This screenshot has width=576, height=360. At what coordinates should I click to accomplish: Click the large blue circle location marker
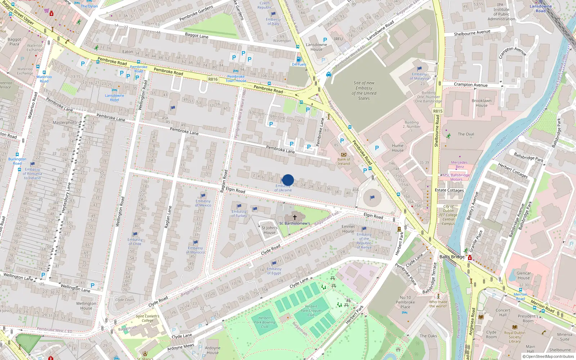pyautogui.click(x=288, y=180)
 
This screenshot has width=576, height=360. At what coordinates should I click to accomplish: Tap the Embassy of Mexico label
pyautogui.click(x=203, y=203)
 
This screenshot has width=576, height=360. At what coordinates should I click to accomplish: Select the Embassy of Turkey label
pyautogui.click(x=239, y=213)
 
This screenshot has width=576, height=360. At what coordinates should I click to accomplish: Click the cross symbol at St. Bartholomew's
pyautogui.click(x=295, y=217)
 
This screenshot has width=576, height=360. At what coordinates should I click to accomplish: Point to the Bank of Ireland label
pyautogui.click(x=343, y=161)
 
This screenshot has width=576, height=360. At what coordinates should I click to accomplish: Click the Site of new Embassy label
pyautogui.click(x=364, y=90)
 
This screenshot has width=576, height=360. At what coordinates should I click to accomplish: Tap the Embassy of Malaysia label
pyautogui.click(x=419, y=76)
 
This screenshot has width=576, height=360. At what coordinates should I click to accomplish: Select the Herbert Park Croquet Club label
pyautogui.click(x=311, y=310)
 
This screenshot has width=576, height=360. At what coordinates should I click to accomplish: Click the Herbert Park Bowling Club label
pyautogui.click(x=265, y=322)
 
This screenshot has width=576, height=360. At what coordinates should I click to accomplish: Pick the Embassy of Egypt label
pyautogui.click(x=274, y=271)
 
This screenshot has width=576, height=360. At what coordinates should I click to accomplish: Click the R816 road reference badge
pyautogui.click(x=213, y=79)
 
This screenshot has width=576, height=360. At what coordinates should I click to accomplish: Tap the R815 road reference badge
pyautogui.click(x=438, y=111)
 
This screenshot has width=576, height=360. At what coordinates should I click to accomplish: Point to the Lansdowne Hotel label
pyautogui.click(x=114, y=98)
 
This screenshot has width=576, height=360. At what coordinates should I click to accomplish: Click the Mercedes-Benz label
pyautogui.click(x=460, y=165)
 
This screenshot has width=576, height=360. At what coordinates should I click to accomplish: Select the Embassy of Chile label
pyautogui.click(x=135, y=242)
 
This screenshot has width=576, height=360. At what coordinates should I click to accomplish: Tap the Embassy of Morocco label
pyautogui.click(x=195, y=250)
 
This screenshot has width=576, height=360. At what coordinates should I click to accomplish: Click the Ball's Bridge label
pyautogui.click(x=452, y=257)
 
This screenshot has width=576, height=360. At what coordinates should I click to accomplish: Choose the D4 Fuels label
pyautogui.click(x=299, y=64)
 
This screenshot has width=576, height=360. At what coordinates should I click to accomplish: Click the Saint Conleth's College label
pyautogui.click(x=147, y=318)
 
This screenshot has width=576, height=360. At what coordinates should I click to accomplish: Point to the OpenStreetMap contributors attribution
pyautogui.click(x=548, y=356)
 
